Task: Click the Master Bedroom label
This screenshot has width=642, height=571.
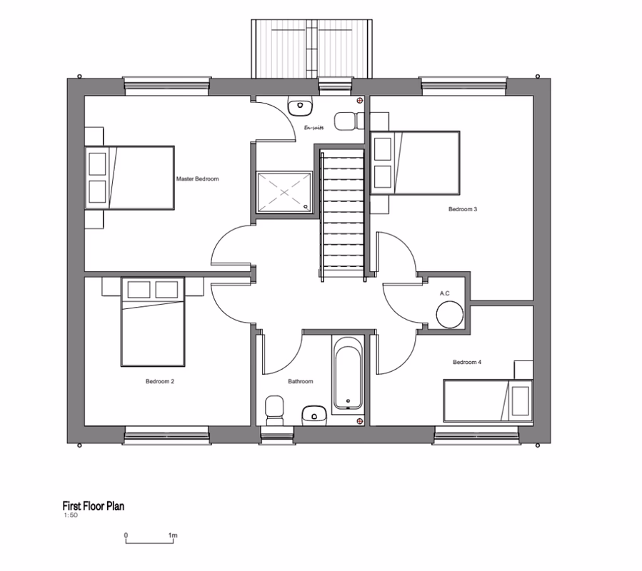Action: coord(197,178)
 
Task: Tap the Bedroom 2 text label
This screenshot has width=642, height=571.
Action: coord(160,381)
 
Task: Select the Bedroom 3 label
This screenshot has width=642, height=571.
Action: coord(462,209)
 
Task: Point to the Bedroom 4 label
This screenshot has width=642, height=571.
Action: coord(467,362)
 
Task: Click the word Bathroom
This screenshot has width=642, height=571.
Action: coord(301,381)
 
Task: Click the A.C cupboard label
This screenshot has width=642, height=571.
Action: coord(444,293)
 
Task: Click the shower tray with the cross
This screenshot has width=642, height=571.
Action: coord(284,191)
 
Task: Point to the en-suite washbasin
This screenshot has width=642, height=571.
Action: coord(301,107)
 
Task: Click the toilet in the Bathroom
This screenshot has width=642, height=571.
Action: coord(274,410)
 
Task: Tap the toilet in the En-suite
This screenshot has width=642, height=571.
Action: coord(346,121)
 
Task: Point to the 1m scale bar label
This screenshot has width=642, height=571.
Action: coord(173,535)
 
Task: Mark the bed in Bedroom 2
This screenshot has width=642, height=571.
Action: coord(152,321)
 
